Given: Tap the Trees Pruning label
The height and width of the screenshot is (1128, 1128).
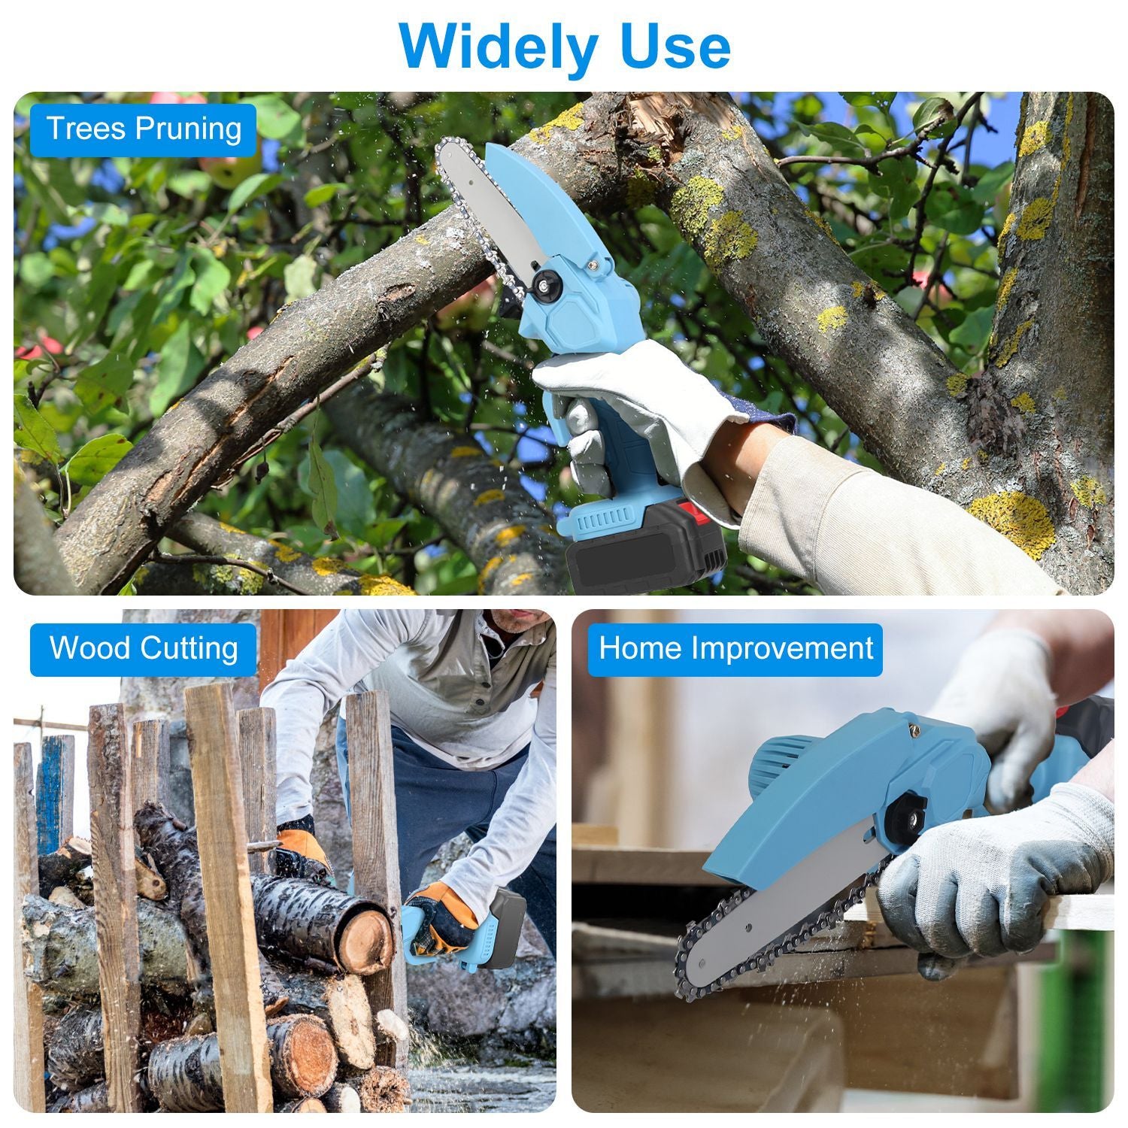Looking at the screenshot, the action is tap(144, 129).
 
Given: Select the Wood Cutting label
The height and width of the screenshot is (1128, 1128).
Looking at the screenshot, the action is tap(144, 648).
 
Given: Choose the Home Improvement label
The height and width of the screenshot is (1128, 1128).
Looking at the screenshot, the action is tap(735, 648).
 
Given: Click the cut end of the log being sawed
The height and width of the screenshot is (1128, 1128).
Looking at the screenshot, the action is tap(365, 940).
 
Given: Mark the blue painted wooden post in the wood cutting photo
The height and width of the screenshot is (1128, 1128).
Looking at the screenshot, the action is tap(54, 797).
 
